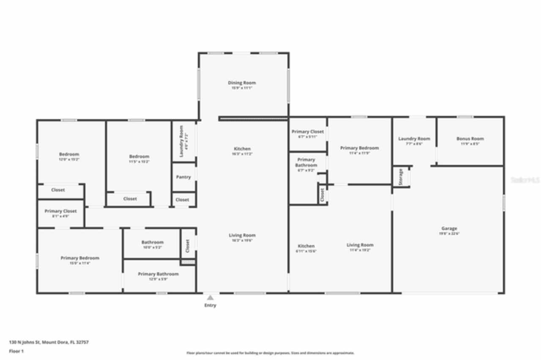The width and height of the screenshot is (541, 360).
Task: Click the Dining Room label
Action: coord(242,83)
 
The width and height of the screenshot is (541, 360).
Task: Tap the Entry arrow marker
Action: coord(210,297)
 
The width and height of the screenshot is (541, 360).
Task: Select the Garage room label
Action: coord(449,229)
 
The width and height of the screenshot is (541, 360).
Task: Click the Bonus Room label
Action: coord(470,139)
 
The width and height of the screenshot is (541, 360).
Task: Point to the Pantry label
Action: coord(183,177)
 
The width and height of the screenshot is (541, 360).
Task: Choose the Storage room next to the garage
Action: coord(401,177)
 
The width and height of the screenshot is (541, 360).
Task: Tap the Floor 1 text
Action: coord(16,351)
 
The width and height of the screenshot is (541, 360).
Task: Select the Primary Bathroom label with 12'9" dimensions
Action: coord(158,274)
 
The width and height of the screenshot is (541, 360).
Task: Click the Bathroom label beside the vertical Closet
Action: coord(152,243)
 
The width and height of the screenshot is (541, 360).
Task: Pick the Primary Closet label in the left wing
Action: coord(60,211)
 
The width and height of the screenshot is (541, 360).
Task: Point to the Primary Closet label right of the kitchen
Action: coord(308,132)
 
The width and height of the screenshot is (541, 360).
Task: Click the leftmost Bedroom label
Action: coord(69,155)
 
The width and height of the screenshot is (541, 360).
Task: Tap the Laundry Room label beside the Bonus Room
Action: coord(414,139)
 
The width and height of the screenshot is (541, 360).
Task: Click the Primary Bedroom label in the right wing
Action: coord(359,148)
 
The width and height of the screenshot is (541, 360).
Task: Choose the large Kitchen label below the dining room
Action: coord(242,149)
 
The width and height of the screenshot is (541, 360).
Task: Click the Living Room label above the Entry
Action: coord(242,235)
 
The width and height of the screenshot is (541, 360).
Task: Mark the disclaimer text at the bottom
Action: coord(270,353)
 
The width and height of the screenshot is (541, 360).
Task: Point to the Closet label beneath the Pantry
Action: coord(182,200)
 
